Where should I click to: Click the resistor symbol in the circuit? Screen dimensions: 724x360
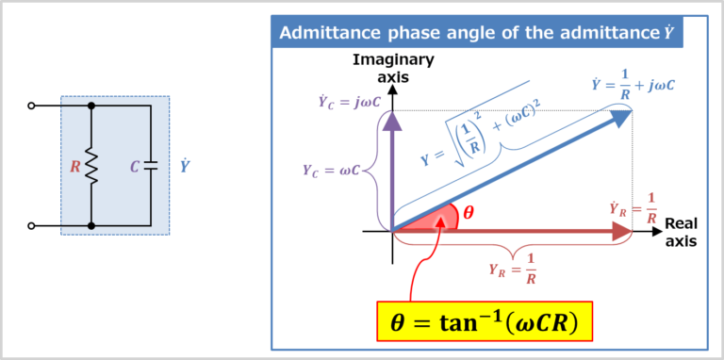coord(91,167)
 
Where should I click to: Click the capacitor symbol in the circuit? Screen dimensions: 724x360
coord(151,167)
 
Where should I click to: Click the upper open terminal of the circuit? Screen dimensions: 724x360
coord(32,106)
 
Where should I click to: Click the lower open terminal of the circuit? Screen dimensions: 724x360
coord(32,226)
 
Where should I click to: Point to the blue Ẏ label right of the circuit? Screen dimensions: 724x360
coord(185,167)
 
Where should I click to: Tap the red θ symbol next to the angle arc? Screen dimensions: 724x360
coord(469,212)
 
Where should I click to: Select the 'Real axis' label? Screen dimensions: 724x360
coord(681,232)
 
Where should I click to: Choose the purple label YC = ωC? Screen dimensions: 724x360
coord(331,171)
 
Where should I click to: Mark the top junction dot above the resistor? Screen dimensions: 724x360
coord(91,106)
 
